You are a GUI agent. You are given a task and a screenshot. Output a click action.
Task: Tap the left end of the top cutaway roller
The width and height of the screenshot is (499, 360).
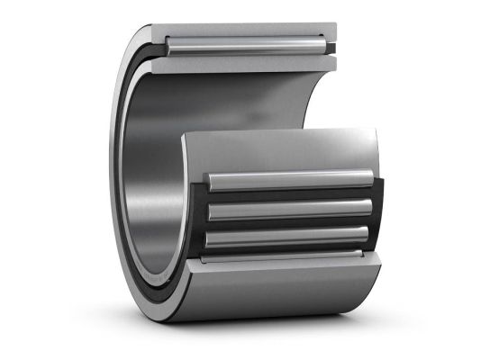169,44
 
